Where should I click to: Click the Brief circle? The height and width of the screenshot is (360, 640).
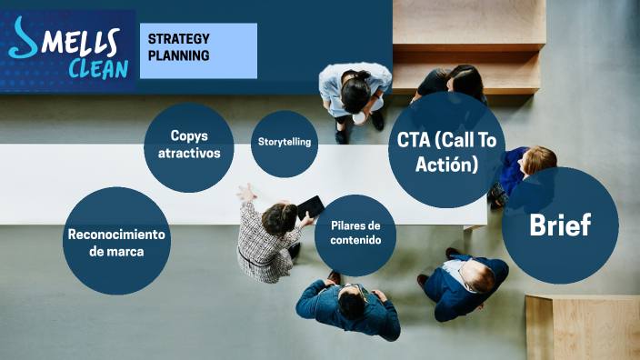tap(560, 225)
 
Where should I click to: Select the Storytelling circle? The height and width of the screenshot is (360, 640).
tap(284, 143)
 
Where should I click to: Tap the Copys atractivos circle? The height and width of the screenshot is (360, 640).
tap(189, 145)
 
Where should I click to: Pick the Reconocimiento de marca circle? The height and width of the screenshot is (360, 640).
tap(116, 241)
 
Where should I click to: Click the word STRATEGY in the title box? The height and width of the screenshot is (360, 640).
tap(179, 39)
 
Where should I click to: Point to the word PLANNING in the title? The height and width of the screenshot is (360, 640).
tap(179, 55)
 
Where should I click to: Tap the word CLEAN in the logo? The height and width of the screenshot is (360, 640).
tap(97, 68)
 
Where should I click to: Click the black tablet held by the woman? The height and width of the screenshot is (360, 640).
tap(310, 206)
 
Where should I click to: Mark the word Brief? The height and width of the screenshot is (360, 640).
tap(560, 225)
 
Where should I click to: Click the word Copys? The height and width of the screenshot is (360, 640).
tap(189, 135)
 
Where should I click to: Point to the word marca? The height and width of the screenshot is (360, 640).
tap(117, 251)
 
